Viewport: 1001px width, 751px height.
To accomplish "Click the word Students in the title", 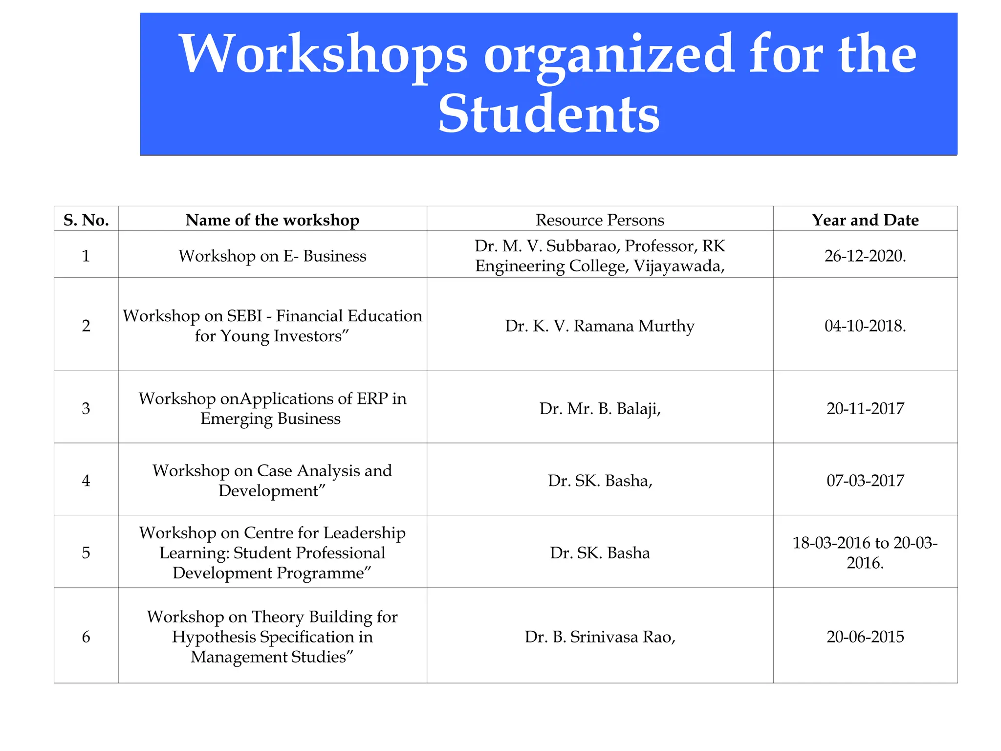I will [x=548, y=114].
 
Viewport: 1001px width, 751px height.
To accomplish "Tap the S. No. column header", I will [x=86, y=220].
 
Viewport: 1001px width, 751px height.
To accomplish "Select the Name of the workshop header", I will [x=272, y=220].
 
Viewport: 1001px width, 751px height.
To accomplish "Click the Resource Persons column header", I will [x=600, y=220].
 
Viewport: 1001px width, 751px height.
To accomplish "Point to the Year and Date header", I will [x=865, y=220].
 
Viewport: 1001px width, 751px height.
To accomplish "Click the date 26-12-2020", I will [x=865, y=256].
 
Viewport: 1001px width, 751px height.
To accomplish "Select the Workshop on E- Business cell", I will [x=272, y=256].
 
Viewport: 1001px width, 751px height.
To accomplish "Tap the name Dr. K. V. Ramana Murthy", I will [x=600, y=326].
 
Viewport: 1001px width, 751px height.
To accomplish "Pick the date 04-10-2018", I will [x=865, y=326].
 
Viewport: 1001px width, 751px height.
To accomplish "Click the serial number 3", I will [x=86, y=408].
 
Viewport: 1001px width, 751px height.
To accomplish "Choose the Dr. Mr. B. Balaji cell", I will [x=600, y=408].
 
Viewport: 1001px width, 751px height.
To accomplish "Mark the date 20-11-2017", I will [x=865, y=408].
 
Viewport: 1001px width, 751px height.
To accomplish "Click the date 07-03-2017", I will [x=865, y=481].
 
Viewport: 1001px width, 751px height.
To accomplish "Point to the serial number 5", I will [x=86, y=552].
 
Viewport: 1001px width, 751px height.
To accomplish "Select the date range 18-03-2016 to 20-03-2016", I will [x=865, y=552].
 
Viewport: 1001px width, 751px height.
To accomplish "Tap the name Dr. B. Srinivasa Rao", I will [x=600, y=637].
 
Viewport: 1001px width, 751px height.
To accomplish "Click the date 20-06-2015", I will [x=865, y=637].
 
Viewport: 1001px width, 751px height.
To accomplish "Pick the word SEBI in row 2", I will [x=245, y=316].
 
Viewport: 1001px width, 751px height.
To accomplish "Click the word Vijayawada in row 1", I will [x=676, y=266].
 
